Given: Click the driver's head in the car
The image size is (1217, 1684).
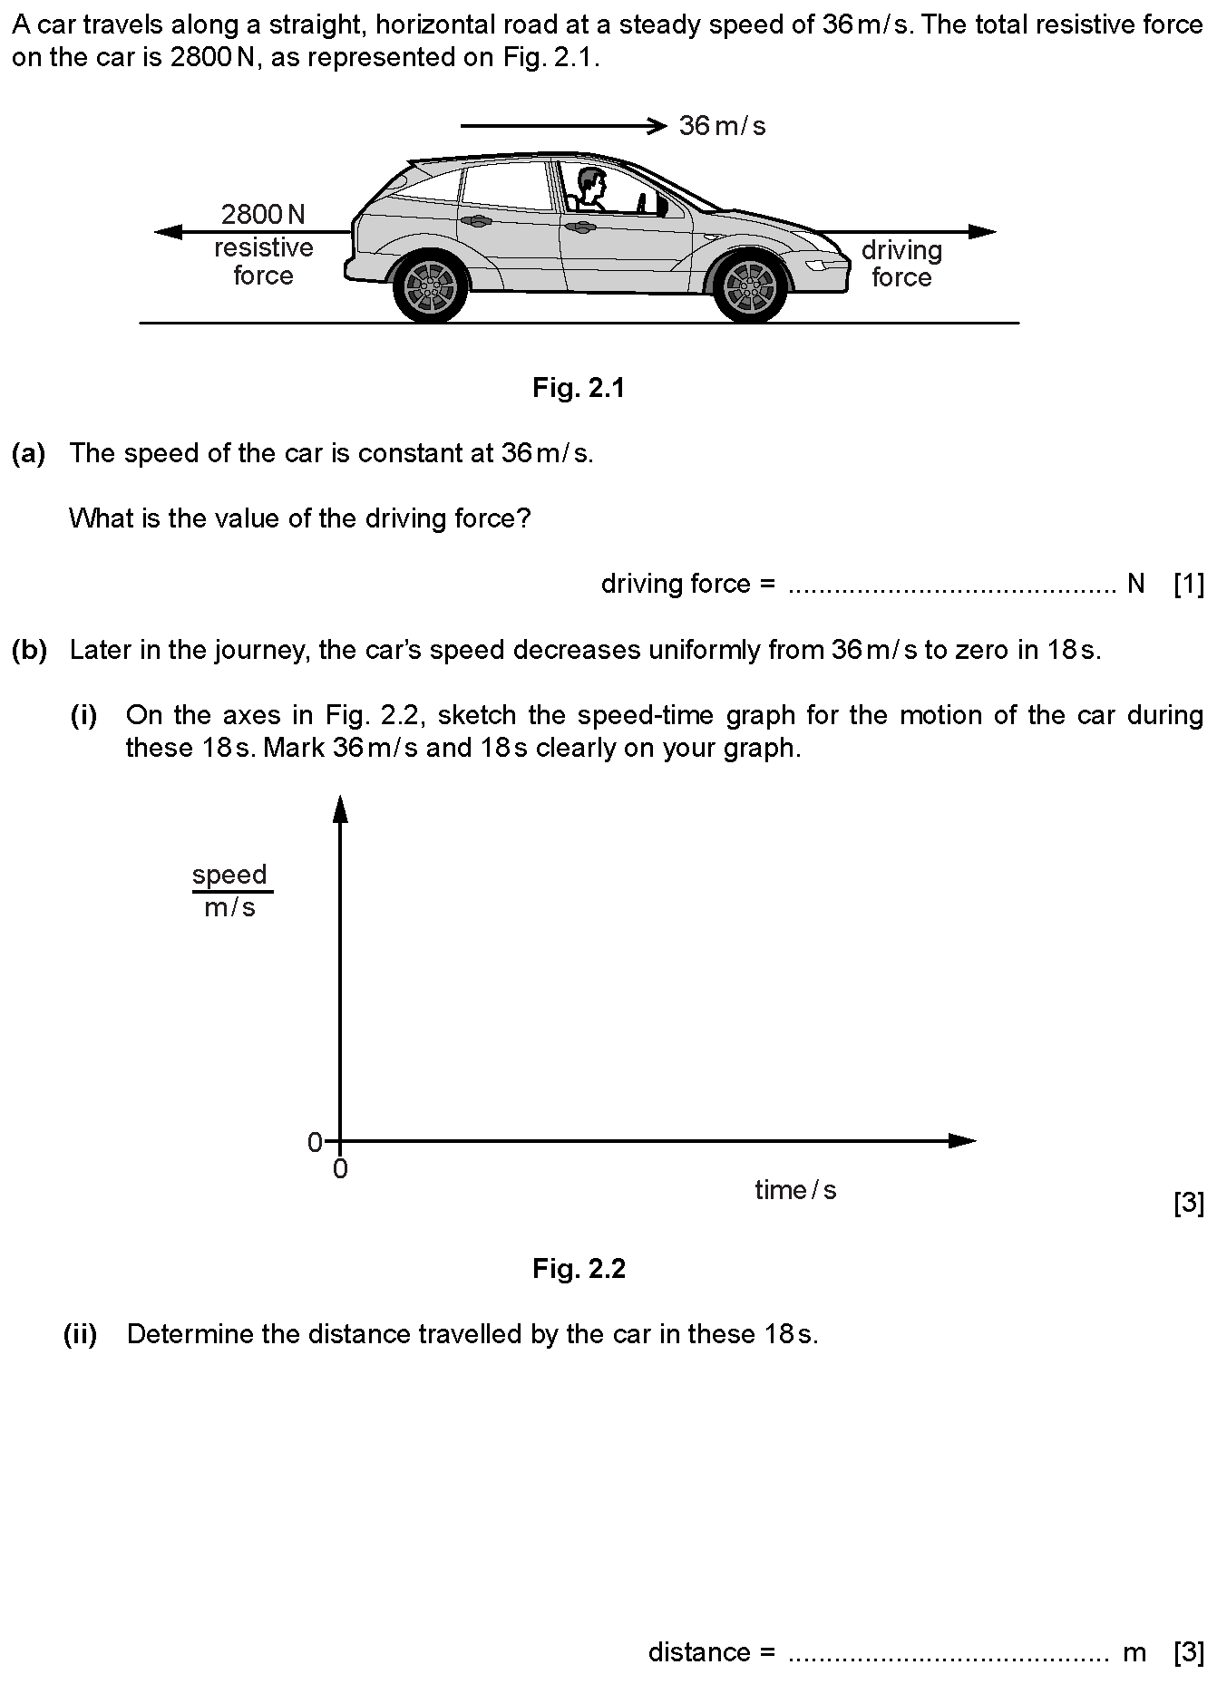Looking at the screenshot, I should click(592, 184).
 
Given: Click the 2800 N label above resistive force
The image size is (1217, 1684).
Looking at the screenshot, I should click(263, 215).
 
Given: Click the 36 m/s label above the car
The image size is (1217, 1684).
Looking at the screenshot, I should click(722, 126).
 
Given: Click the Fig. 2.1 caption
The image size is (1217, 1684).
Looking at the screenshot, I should click(579, 389).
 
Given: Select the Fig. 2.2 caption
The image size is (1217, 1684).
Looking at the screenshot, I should click(579, 1269).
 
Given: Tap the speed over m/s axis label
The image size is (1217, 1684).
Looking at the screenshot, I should click(230, 891).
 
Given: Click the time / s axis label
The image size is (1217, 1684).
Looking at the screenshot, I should click(795, 1190).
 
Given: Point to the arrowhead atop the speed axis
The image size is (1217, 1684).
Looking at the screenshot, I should click(340, 808).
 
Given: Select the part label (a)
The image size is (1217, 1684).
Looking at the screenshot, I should click(28, 453).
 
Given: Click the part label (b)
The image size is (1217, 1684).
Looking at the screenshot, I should click(28, 650).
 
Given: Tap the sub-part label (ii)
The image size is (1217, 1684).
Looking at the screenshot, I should click(80, 1334).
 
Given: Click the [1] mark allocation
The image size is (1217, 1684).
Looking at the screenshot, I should click(1188, 585).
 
